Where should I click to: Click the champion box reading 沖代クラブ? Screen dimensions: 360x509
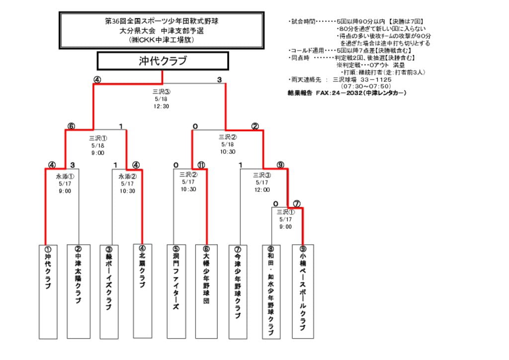tap(163, 61)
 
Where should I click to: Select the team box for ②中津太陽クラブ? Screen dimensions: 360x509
tap(78, 291)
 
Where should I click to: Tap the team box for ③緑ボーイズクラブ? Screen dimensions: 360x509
tap(109, 291)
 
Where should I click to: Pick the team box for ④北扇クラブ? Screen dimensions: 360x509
tap(142, 291)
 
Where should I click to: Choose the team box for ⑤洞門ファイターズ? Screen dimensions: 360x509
tap(176, 291)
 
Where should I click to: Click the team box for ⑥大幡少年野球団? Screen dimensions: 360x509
tap(206, 291)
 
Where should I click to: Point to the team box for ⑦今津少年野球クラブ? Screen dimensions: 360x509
tap(238, 291)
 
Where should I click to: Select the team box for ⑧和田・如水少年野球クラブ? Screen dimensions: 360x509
tap(271, 291)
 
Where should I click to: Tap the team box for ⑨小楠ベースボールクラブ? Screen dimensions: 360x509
tap(303, 291)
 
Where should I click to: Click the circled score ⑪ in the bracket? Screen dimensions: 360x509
tap(201, 165)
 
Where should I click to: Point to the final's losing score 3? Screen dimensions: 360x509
tap(219, 80)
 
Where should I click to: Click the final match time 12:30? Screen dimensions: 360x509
tap(161, 106)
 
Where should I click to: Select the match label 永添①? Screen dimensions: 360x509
tap(66, 176)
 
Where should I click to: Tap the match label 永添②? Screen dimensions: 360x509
tap(127, 176)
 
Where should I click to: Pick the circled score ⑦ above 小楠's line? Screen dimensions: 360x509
tap(297, 203)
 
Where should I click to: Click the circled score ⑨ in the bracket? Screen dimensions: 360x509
tap(280, 165)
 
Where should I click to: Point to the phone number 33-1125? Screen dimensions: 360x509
tap(376, 80)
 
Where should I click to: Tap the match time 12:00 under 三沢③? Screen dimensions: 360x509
tap(262, 189)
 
